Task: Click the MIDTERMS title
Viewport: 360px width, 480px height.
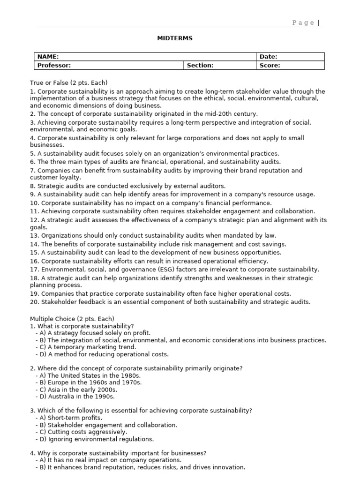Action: [x=174, y=38]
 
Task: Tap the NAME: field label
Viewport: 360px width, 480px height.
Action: [x=48, y=57]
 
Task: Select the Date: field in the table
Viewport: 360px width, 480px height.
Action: [x=269, y=57]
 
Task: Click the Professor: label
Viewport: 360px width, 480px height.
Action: [x=54, y=66]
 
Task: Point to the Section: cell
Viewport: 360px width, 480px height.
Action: [x=200, y=66]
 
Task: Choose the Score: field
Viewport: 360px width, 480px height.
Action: [x=270, y=66]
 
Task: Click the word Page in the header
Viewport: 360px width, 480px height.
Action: [x=303, y=22]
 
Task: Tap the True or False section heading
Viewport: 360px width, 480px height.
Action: [x=69, y=82]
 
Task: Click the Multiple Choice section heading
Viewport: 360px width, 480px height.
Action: [x=72, y=319]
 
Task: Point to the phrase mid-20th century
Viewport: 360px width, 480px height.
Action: [x=232, y=113]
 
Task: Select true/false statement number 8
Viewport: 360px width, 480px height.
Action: [x=127, y=186]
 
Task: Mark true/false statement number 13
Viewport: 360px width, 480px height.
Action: [x=153, y=235]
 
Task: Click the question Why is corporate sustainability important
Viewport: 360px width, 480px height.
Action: [x=118, y=453]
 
